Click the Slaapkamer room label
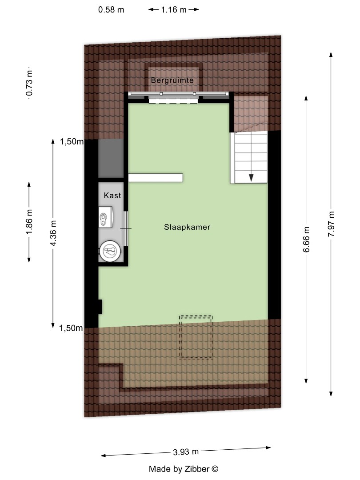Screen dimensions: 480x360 coord(186,227)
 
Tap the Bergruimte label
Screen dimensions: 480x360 coord(172,80)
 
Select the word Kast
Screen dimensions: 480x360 coord(112,195)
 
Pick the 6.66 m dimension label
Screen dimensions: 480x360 coord(306,240)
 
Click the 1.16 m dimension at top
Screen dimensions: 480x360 coord(173,9)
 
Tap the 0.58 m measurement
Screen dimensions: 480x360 coord(111,9)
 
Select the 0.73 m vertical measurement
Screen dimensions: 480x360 coord(29,84)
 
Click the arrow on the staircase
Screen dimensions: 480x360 coord(251,177)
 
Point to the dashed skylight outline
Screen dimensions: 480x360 coord(196,337)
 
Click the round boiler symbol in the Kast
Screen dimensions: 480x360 coord(110,252)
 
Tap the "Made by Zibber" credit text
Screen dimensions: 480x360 coord(184,468)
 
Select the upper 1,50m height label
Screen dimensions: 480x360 coord(72,142)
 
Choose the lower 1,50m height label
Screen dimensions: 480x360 coord(72,328)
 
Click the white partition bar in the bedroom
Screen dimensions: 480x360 coord(156,178)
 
